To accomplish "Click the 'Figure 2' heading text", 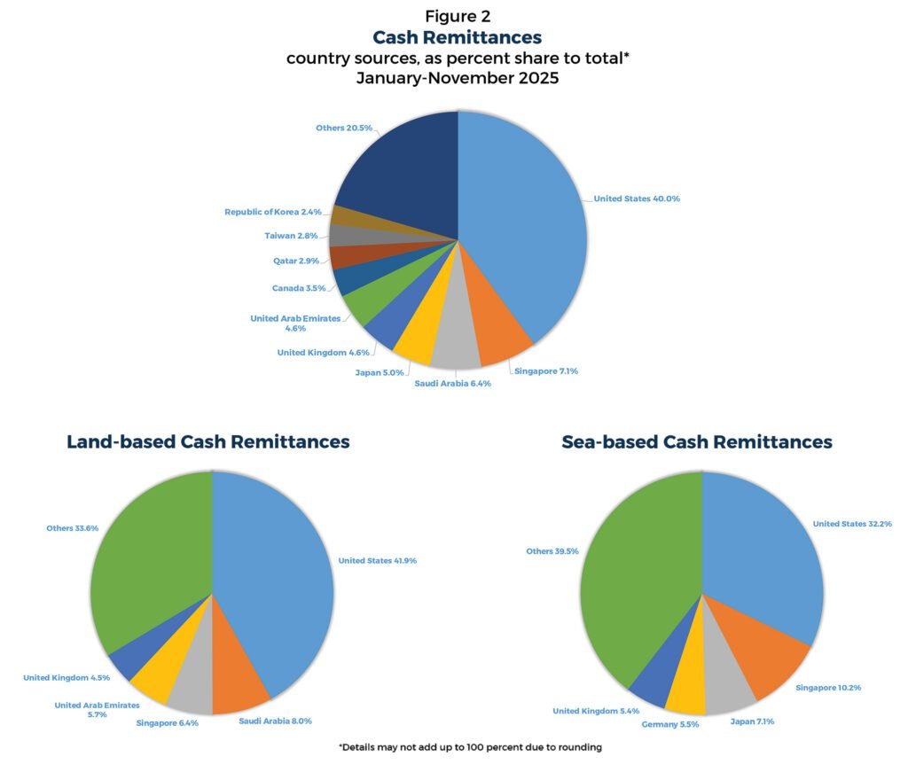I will pos(458,16).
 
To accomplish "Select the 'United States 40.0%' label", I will pos(637,199).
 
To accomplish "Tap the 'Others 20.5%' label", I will pos(344,128).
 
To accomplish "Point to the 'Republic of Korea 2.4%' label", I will pos(273,212).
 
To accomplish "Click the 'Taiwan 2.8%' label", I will pos(291,236).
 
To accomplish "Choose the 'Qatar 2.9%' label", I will pos(296,261).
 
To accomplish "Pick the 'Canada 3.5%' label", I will pos(299,288).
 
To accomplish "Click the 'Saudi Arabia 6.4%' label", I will pos(452,384).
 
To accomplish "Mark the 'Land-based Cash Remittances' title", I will pos(208,441).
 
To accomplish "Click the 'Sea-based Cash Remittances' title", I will pos(697,441).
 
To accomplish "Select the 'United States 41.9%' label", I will pos(378,560).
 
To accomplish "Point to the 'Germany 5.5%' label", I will pos(670,724).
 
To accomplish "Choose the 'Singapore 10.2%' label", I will pos(828,688).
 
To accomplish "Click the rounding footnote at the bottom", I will pos(470,747).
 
